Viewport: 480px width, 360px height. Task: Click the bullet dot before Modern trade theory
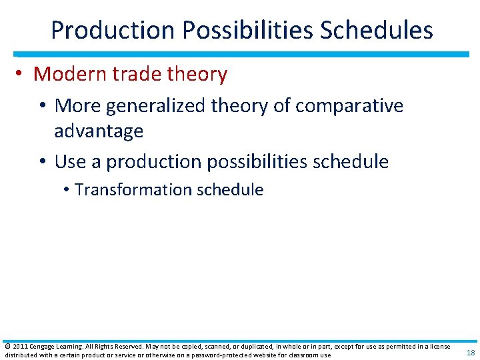pos(22,75)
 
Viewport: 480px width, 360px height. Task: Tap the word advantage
pos(99,131)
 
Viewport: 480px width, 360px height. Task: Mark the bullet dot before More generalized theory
pos(44,106)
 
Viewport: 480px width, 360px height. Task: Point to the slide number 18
pos(471,353)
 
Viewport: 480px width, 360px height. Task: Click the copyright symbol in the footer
pos(7,347)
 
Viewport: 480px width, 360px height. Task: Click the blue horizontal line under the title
pos(240,54)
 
